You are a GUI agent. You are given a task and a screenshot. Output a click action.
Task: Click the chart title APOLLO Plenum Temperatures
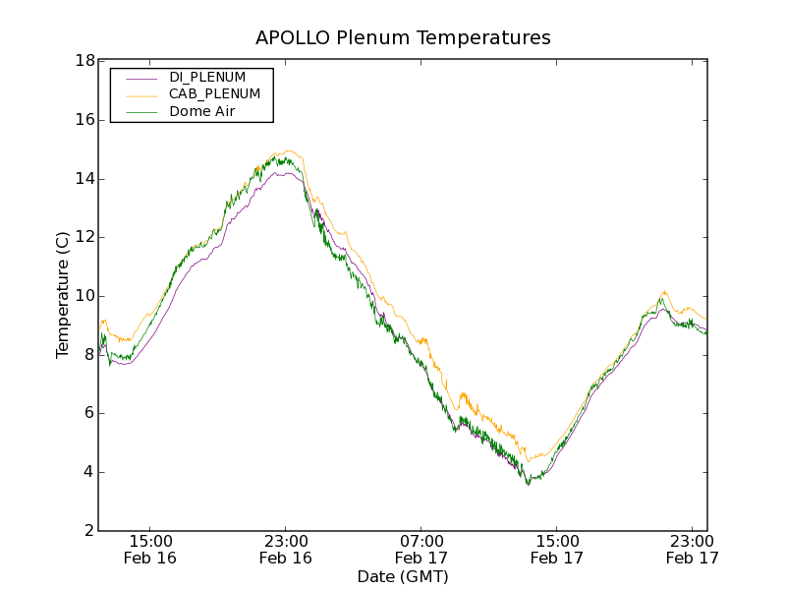coord(403,38)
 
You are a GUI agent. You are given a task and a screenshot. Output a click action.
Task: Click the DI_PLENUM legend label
coord(207,77)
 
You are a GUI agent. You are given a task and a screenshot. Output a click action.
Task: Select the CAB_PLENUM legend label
coord(214,94)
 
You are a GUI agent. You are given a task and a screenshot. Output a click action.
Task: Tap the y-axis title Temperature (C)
coord(63,295)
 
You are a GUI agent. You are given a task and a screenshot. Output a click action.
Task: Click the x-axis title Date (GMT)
coord(403,576)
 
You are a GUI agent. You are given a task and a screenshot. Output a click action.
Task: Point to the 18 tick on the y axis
coord(84,61)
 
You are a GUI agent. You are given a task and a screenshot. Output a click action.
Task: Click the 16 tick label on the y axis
coord(84,120)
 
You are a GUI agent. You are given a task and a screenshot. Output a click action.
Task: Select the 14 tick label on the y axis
coord(84,179)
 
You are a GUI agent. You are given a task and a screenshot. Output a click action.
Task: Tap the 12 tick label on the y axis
coord(84,237)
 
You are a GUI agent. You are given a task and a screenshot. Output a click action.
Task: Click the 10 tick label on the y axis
coord(84,296)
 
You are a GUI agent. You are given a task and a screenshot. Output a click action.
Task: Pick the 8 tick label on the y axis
coord(88,355)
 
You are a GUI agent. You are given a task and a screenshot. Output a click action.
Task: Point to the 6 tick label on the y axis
coord(88,413)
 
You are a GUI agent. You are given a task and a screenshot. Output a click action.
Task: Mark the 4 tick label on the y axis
coord(88,472)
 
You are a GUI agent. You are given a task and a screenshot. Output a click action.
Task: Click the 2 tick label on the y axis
coord(88,531)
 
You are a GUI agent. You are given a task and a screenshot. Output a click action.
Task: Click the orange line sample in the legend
coord(133,94)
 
